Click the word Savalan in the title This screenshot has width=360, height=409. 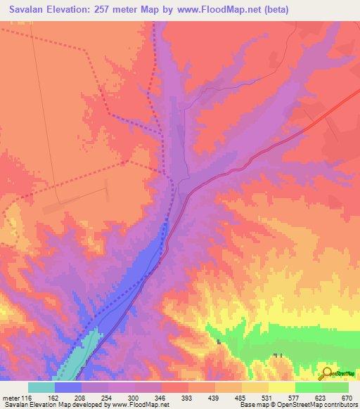click(x=30, y=10)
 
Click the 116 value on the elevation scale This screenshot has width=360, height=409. click(x=28, y=397)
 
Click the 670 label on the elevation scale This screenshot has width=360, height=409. click(x=347, y=397)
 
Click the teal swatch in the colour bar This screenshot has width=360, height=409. click(x=41, y=387)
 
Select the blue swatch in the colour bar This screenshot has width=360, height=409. click(x=68, y=387)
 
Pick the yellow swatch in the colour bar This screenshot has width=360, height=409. click(x=281, y=387)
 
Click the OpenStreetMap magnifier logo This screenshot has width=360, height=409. click(x=326, y=374)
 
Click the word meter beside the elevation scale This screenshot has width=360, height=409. click(x=12, y=397)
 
